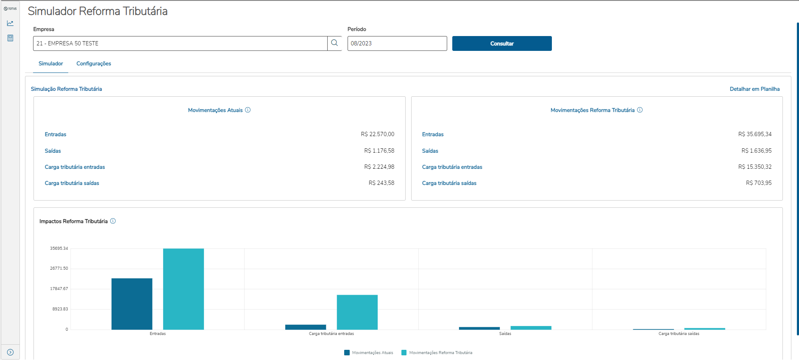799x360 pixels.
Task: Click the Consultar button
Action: pyautogui.click(x=502, y=44)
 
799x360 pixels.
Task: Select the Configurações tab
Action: pyautogui.click(x=94, y=64)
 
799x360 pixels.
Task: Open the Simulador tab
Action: pyautogui.click(x=51, y=64)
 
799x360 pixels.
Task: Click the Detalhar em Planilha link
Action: pyautogui.click(x=754, y=89)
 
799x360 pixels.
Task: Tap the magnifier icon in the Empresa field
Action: pyautogui.click(x=334, y=43)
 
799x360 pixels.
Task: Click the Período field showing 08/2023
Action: pyautogui.click(x=397, y=44)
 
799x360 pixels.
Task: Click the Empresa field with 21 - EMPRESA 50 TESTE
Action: pyautogui.click(x=180, y=44)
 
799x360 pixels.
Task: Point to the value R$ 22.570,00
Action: pyautogui.click(x=377, y=134)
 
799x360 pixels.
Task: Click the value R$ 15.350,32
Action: pyautogui.click(x=754, y=167)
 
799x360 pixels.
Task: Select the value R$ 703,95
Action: pyautogui.click(x=759, y=183)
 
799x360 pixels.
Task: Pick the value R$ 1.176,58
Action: pyautogui.click(x=379, y=151)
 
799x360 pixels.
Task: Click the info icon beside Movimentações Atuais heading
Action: pyautogui.click(x=248, y=110)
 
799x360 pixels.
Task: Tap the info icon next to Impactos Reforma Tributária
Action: pyautogui.click(x=113, y=221)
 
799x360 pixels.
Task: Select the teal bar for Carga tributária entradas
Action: pyautogui.click(x=357, y=312)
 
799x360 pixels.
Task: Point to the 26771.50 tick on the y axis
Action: pyautogui.click(x=59, y=268)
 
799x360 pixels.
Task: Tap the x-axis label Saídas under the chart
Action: pyautogui.click(x=505, y=334)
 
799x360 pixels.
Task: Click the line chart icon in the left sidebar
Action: pyautogui.click(x=10, y=23)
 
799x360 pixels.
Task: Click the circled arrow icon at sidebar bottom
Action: pyautogui.click(x=10, y=352)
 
